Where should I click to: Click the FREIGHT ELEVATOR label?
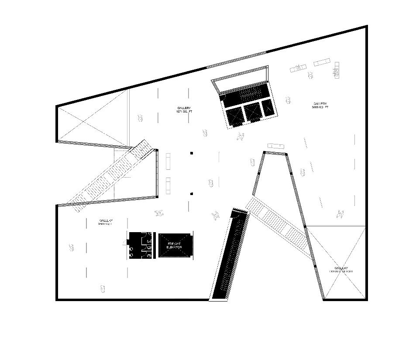(174, 245)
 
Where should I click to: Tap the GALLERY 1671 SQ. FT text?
(184, 110)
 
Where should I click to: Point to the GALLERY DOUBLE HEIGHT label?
(341, 270)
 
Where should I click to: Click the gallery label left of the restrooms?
(106, 222)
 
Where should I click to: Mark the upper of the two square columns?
(191, 153)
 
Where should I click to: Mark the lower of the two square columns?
(191, 194)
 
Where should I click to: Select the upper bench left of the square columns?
(168, 161)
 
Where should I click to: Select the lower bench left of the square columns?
(168, 185)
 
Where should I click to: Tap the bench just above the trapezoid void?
(276, 146)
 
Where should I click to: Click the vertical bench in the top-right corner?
(337, 70)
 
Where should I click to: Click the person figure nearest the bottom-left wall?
(103, 288)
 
